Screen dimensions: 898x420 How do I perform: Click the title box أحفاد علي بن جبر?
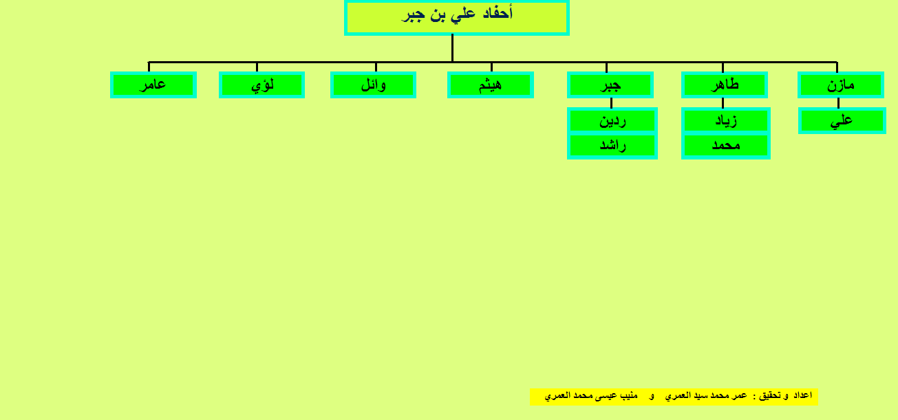click(x=457, y=18)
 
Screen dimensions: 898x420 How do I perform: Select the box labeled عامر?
click(x=153, y=85)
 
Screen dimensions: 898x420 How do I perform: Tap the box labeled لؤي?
click(x=261, y=85)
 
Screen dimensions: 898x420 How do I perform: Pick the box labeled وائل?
click(x=373, y=85)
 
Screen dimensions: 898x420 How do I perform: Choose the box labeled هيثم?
click(x=491, y=85)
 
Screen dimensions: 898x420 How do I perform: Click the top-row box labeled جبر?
click(x=610, y=85)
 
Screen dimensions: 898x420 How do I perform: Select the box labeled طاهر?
click(x=725, y=85)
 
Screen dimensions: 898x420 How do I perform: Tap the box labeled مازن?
click(x=841, y=85)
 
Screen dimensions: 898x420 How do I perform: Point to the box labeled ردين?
click(x=612, y=120)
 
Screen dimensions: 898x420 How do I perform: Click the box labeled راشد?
click(x=612, y=146)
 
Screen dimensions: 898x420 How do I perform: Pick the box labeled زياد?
click(x=725, y=120)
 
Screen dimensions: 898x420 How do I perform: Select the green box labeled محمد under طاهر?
click(x=725, y=146)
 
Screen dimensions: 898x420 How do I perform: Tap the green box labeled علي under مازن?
click(x=842, y=120)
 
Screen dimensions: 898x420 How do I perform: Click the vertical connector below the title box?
click(x=452, y=48)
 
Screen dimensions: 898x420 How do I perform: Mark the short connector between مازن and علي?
click(x=838, y=103)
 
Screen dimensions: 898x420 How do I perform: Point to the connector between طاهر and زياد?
click(x=723, y=103)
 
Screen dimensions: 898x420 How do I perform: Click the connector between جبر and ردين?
click(x=611, y=103)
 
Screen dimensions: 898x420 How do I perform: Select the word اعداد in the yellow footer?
click(x=803, y=395)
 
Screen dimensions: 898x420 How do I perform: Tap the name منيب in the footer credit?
click(x=629, y=396)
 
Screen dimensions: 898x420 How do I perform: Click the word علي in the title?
click(x=462, y=14)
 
